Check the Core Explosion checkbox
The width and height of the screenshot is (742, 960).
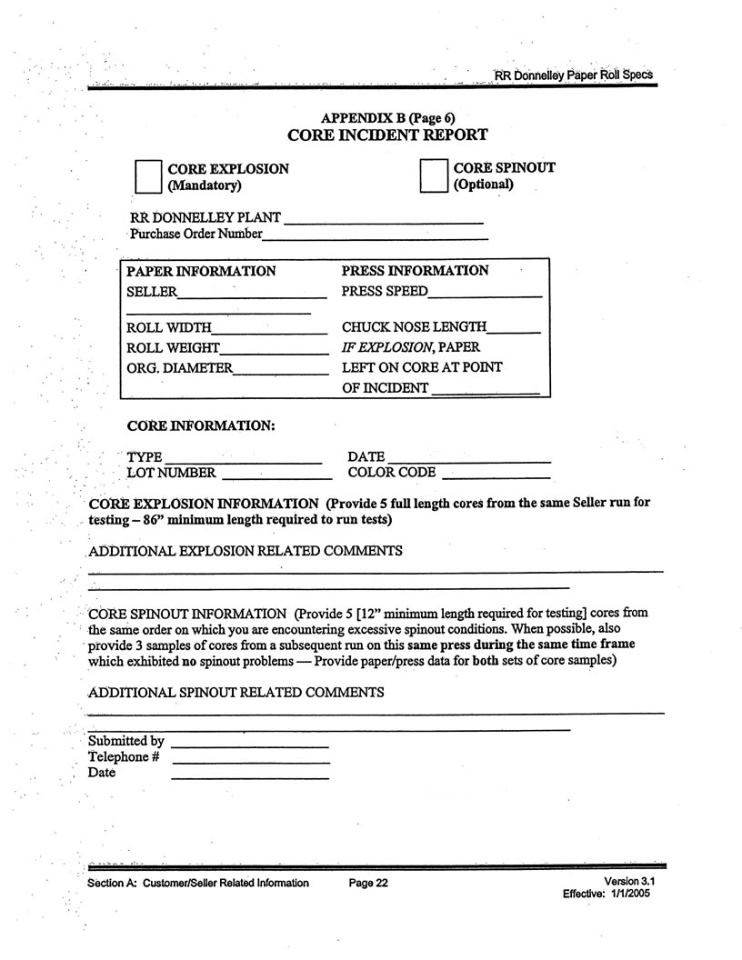pos(147,176)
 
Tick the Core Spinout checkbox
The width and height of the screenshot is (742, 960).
pos(434,175)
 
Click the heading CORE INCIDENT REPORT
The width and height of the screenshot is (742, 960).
pos(387,135)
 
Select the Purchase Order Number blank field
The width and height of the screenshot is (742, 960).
pos(375,236)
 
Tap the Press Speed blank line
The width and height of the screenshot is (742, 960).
pos(485,295)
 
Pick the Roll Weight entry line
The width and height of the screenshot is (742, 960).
pos(274,351)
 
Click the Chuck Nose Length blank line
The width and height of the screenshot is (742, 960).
pos(515,331)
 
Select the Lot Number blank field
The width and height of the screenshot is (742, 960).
pos(276,475)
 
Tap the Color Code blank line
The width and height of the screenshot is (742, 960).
pos(496,475)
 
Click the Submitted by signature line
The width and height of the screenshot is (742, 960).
pos(249,745)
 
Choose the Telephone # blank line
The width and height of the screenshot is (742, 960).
pos(249,761)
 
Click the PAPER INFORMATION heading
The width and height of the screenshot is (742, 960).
pos(201,271)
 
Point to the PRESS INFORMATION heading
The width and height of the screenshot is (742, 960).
pos(415,270)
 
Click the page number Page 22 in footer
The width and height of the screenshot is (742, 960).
pos(368,883)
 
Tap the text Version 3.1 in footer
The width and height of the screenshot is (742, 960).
pos(629,882)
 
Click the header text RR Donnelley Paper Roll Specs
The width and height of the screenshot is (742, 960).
pos(573,75)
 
